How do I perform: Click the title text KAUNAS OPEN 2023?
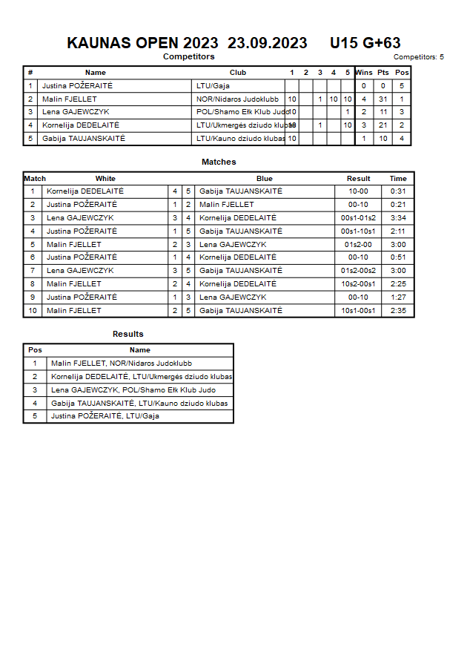pyautogui.click(x=142, y=43)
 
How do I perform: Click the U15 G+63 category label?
pyautogui.click(x=365, y=43)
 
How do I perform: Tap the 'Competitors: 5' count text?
pyautogui.click(x=418, y=56)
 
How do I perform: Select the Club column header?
pyautogui.click(x=238, y=73)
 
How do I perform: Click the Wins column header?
pyautogui.click(x=364, y=73)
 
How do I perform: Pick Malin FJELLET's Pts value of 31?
pyautogui.click(x=382, y=99)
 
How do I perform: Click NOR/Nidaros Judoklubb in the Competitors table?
pyautogui.click(x=237, y=99)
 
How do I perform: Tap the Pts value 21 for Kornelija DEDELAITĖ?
pyautogui.click(x=382, y=125)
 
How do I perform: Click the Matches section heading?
pyautogui.click(x=219, y=162)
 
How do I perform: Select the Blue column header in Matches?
pyautogui.click(x=265, y=178)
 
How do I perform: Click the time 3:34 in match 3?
pyautogui.click(x=398, y=218)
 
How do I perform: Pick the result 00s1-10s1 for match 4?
pyautogui.click(x=358, y=231)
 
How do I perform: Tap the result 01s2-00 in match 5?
pyautogui.click(x=358, y=244)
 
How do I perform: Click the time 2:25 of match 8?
pyautogui.click(x=398, y=284)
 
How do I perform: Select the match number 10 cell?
pyautogui.click(x=33, y=311)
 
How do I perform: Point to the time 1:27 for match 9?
pyautogui.click(x=398, y=297)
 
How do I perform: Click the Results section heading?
pyautogui.click(x=128, y=334)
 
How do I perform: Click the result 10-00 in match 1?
pyautogui.click(x=358, y=191)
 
